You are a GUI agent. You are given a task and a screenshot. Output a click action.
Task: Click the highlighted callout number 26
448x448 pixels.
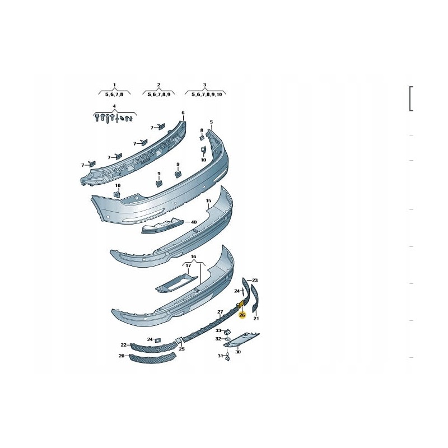click(x=242, y=315)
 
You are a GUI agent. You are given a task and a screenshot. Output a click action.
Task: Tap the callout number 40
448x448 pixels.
click(x=194, y=222)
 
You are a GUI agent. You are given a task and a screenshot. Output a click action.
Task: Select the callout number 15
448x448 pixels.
click(x=208, y=201)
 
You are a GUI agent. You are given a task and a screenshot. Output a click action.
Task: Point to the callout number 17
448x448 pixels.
click(x=188, y=265)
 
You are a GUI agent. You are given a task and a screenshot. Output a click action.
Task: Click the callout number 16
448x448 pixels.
click(x=193, y=256)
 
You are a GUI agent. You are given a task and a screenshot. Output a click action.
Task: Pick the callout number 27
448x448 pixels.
click(x=220, y=312)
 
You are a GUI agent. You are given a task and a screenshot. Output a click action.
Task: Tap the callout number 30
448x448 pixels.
click(x=238, y=352)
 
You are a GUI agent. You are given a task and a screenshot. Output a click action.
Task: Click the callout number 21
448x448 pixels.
click(x=256, y=318)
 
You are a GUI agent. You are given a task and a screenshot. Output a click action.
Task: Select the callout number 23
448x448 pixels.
click(x=255, y=281)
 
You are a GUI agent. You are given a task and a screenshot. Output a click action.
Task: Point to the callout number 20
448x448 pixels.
click(x=122, y=356)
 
